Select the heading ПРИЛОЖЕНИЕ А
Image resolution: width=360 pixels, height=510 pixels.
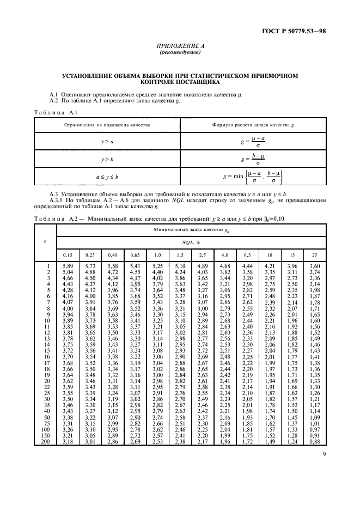[179, 47]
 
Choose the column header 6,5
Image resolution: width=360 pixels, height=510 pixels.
[247, 254]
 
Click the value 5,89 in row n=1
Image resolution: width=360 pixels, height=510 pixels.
[65, 265]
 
